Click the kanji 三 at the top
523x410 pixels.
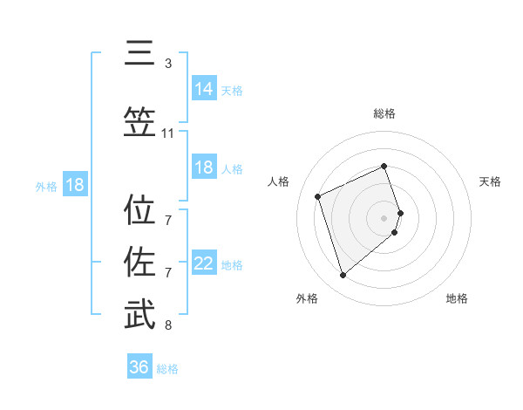click(139, 54)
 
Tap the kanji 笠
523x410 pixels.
click(139, 122)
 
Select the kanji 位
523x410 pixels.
click(139, 210)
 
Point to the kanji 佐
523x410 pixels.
click(139, 261)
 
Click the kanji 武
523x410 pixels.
click(139, 314)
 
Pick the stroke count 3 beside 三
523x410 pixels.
click(168, 64)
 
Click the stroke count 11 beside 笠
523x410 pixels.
click(168, 133)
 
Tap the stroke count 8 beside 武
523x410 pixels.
click(168, 325)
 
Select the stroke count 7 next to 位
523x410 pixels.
click(168, 221)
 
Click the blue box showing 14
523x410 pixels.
click(204, 88)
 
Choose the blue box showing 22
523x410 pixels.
click(204, 263)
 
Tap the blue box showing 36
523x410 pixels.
click(139, 367)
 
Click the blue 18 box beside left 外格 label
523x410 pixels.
click(74, 185)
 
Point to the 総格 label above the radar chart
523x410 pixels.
click(384, 113)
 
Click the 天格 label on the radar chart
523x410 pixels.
click(491, 181)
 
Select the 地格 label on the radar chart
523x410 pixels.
click(457, 299)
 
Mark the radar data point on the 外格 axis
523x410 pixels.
click(343, 276)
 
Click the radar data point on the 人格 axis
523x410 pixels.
click(318, 195)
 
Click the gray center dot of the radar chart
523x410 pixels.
click(384, 216)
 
